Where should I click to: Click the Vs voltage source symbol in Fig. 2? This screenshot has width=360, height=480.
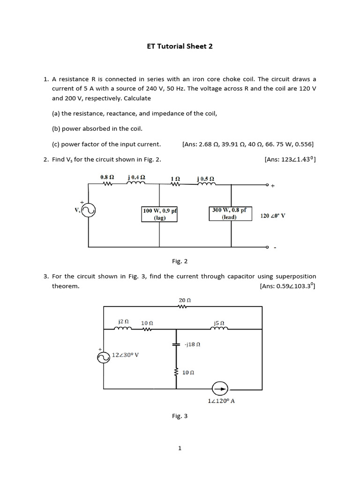[89, 211]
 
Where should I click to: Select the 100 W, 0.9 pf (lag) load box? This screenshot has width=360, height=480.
[159, 214]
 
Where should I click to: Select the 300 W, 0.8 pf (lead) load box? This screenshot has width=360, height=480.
[229, 213]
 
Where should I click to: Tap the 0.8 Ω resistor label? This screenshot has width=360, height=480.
[107, 177]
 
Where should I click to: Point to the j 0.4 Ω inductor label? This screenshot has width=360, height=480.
[136, 177]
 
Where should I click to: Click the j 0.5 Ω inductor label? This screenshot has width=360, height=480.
[206, 179]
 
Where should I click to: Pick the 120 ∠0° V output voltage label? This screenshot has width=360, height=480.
[273, 216]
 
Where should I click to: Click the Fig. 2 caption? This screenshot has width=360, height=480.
[180, 261]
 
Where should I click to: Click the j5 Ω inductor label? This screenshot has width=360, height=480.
[219, 322]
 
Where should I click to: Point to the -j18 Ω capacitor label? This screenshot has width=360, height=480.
[193, 344]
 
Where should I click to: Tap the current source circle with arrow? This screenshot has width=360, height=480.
[219, 389]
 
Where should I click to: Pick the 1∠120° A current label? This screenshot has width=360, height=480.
[221, 401]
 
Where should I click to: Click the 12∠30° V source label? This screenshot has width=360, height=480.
[125, 355]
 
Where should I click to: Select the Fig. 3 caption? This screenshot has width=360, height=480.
[180, 416]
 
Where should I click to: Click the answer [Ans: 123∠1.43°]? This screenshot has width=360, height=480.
[290, 159]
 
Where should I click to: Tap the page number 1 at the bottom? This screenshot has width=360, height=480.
[180, 448]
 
